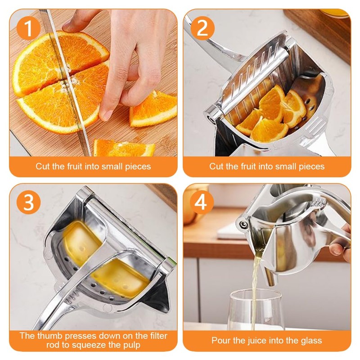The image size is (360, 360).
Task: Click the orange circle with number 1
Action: [29, 28]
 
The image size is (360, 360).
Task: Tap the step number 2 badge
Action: [202, 28]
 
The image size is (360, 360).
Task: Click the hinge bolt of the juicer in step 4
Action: [243, 223]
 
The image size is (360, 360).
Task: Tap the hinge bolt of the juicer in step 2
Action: [210, 118]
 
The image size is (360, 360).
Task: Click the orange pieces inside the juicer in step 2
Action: [270, 115]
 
